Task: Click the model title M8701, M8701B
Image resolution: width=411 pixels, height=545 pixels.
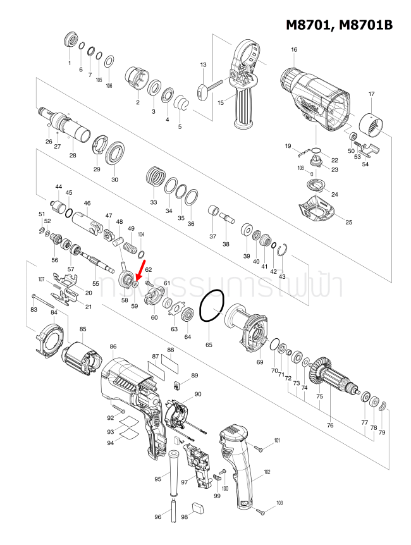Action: click(x=340, y=25)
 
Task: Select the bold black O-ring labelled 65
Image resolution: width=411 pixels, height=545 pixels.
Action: click(x=212, y=308)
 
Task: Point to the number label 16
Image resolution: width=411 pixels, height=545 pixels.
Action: click(x=294, y=50)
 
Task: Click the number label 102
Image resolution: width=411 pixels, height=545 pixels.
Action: click(x=267, y=472)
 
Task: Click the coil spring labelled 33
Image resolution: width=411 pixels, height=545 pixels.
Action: click(x=154, y=175)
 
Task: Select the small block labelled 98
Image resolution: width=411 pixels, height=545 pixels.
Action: click(x=197, y=506)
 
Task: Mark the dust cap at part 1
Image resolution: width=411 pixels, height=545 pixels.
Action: click(x=70, y=41)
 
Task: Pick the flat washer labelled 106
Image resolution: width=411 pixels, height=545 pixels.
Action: click(x=109, y=62)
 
